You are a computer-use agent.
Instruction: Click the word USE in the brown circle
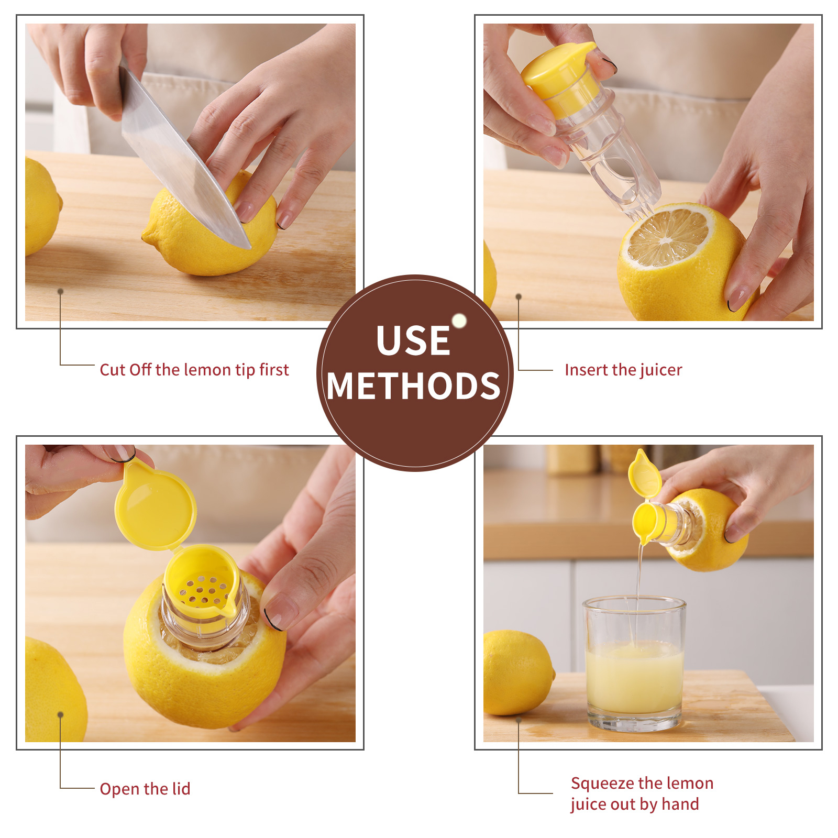coord(413,340)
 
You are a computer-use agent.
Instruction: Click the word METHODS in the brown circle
coord(414,386)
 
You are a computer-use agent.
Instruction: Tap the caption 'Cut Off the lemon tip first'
coord(194,370)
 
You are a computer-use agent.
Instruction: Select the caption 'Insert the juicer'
coord(623,370)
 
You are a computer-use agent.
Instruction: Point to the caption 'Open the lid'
coord(145,789)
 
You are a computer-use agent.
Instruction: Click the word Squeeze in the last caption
coord(603,784)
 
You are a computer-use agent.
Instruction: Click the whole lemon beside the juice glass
coord(518,673)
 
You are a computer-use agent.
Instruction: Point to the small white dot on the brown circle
coord(459,321)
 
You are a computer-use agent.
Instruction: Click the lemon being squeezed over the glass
coord(704,529)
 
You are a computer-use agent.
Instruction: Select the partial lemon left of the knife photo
coord(41,207)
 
